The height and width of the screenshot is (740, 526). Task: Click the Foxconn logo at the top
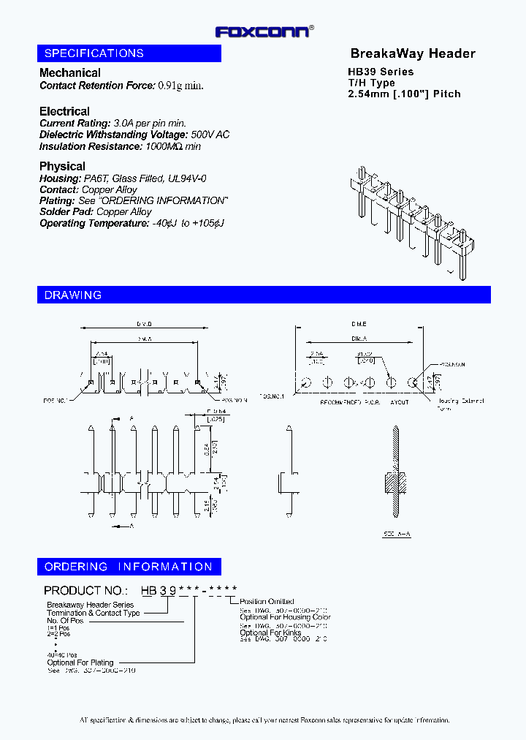point(264,31)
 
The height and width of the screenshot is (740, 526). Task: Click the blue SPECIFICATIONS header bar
point(129,53)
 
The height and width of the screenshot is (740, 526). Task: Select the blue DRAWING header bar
point(263,295)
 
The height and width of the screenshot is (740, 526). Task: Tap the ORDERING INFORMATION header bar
point(129,567)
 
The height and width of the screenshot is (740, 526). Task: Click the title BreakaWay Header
point(413,53)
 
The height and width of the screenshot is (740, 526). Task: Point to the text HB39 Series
point(380,72)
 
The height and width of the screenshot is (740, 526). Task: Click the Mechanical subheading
point(70,72)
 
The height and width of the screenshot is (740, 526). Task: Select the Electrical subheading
point(64,111)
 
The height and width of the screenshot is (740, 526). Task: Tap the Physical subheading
point(62,166)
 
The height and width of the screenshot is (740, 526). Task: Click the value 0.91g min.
point(180,86)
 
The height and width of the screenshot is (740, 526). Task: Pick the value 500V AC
point(210,135)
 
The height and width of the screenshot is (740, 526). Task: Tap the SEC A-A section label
point(397,535)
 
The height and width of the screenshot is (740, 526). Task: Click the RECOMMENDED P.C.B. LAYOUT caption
point(364,403)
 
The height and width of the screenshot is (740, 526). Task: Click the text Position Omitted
point(267,602)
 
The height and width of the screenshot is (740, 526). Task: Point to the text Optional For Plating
point(80,662)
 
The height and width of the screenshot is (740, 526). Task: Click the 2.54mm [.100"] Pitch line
point(404,94)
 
